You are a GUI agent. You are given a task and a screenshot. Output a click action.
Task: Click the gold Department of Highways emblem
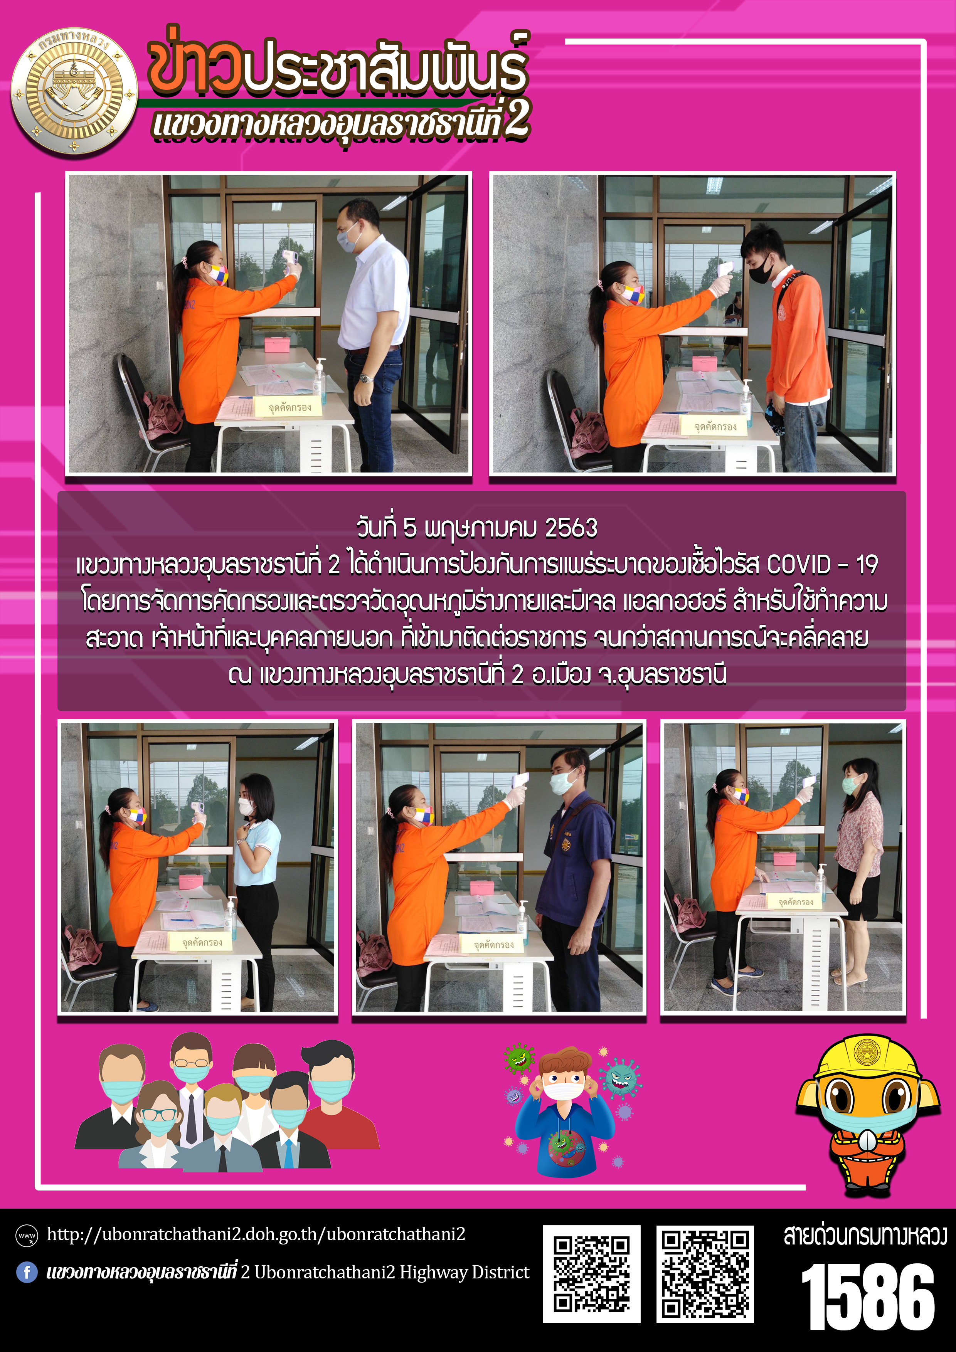(x=74, y=91)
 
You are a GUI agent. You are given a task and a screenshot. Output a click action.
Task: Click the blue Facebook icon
(x=27, y=1272)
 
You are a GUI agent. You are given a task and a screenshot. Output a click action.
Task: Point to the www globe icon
(x=27, y=1235)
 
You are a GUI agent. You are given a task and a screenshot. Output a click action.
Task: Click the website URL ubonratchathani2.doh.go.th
(x=256, y=1234)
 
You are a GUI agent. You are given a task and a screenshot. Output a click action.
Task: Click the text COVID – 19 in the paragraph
(x=822, y=565)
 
